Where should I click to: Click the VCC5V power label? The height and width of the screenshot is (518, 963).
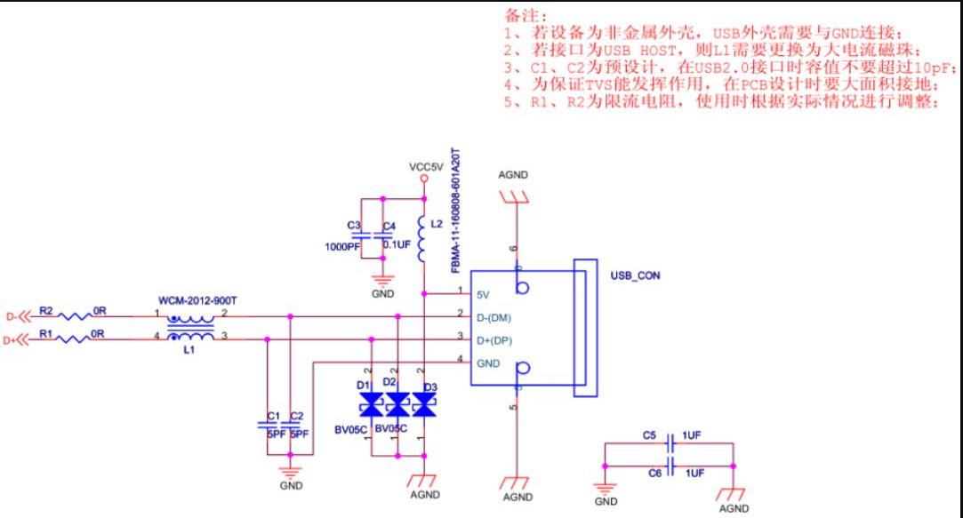pos(426,167)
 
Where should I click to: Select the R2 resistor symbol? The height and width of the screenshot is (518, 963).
pos(75,316)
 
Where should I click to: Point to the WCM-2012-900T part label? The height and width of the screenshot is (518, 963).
pos(197,300)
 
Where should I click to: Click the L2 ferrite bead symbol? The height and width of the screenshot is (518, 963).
pos(422,239)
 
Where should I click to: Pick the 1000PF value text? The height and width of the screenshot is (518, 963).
pos(342,247)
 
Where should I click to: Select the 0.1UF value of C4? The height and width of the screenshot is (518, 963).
pos(397,245)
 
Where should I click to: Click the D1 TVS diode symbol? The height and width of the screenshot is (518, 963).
pos(371,405)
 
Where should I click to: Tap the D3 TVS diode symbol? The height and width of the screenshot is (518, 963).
pos(424,405)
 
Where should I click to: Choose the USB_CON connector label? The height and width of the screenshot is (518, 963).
pos(635,275)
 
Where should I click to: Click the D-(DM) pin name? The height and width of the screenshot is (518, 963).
pos(494,318)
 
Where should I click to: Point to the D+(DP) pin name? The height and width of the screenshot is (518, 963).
pos(494,340)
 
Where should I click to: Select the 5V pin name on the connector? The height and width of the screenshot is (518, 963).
pos(483,295)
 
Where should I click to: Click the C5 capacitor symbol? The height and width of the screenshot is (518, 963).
pos(670,443)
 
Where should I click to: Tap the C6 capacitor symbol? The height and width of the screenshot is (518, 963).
pos(670,466)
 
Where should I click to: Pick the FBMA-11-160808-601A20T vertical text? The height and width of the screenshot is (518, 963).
pos(455,211)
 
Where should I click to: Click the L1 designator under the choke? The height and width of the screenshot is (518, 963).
pos(189,350)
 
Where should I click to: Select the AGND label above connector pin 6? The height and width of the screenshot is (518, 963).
pos(513,175)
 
